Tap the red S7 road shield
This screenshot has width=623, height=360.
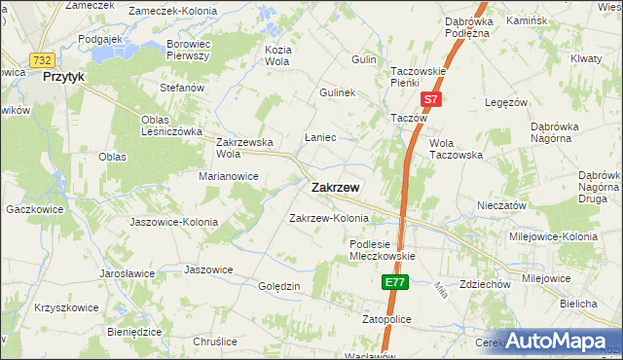[431, 99]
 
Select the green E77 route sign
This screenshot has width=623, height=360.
[393, 282]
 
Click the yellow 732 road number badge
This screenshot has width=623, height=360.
[41, 59]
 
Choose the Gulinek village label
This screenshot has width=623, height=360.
[339, 92]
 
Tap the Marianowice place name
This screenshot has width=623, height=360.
[228, 176]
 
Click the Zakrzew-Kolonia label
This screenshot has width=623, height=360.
[329, 218]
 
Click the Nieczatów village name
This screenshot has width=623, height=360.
[501, 205]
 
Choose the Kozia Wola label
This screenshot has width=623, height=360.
[278, 54]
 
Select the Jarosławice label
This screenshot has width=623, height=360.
[127, 273]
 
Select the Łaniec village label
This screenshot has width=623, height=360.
[320, 137]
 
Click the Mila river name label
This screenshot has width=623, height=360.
[440, 288]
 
